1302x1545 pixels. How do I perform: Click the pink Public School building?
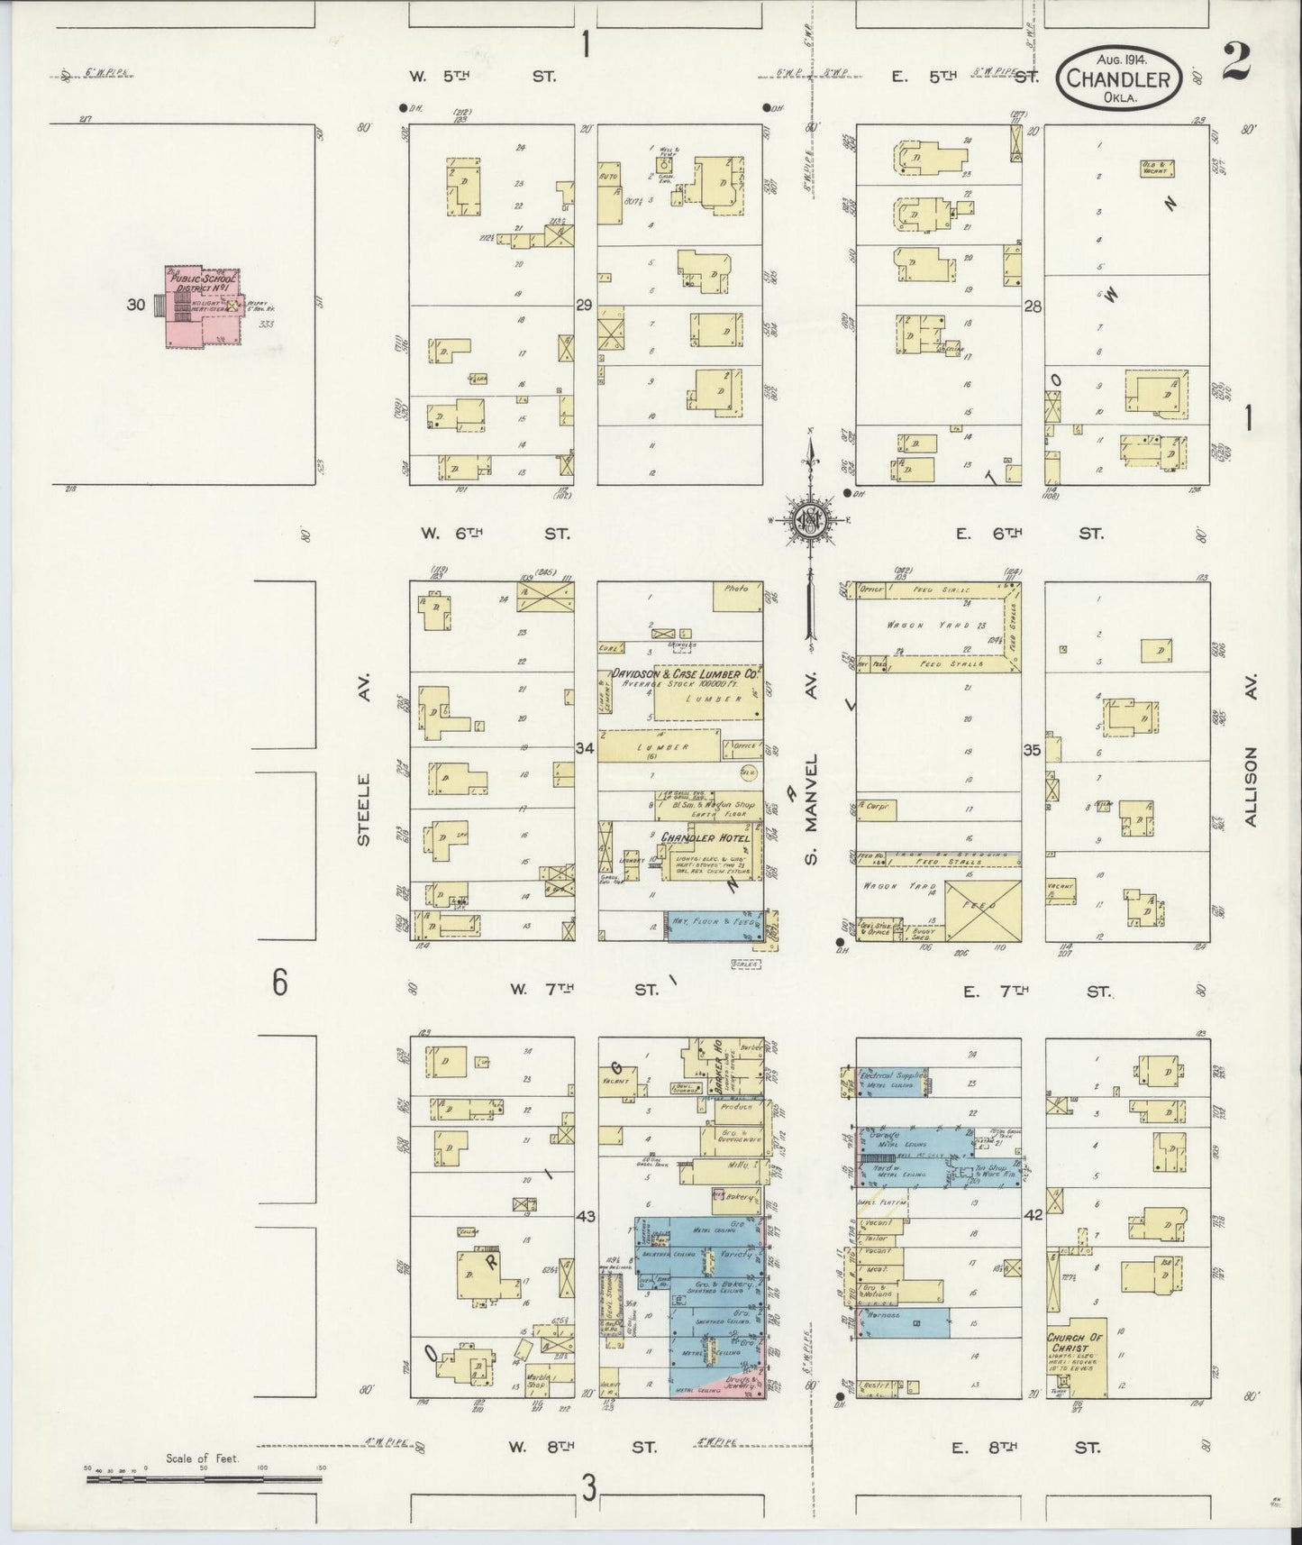click(202, 306)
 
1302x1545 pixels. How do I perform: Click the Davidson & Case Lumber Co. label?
click(687, 673)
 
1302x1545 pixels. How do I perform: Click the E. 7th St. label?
click(1037, 992)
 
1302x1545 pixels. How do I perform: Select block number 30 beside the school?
click(136, 305)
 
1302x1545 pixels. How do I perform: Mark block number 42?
click(1033, 1215)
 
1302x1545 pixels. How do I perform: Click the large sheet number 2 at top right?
click(1236, 62)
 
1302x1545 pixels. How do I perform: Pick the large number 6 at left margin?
click(279, 983)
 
